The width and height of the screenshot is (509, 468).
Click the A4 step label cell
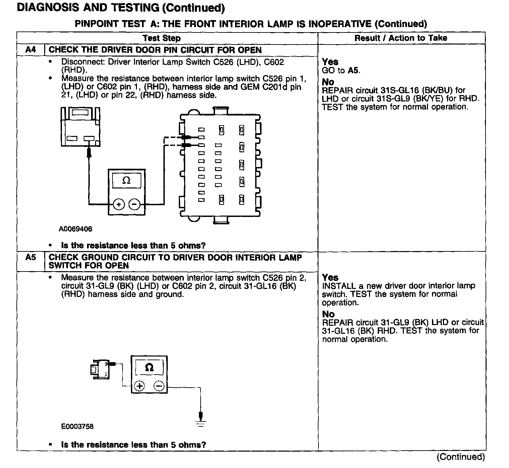(x=30, y=50)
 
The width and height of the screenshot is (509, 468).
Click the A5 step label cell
(x=30, y=257)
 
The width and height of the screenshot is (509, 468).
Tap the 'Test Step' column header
(x=161, y=38)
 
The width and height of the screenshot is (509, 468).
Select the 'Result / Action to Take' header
(x=401, y=38)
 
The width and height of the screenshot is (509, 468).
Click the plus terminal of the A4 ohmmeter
(x=119, y=204)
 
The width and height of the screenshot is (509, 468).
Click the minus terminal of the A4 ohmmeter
(x=135, y=204)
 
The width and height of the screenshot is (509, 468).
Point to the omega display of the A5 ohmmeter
(x=149, y=368)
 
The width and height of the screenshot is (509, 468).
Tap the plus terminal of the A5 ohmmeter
(x=139, y=386)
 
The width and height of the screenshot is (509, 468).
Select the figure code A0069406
(x=76, y=229)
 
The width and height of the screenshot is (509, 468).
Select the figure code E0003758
(x=77, y=426)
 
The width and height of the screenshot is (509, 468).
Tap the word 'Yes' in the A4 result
(x=330, y=62)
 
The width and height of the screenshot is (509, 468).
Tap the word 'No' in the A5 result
(x=328, y=314)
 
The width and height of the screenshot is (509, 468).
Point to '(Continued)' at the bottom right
(x=461, y=457)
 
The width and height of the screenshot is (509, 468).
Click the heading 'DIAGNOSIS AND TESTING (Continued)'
(x=121, y=8)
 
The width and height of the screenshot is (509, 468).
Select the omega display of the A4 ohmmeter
(x=126, y=181)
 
